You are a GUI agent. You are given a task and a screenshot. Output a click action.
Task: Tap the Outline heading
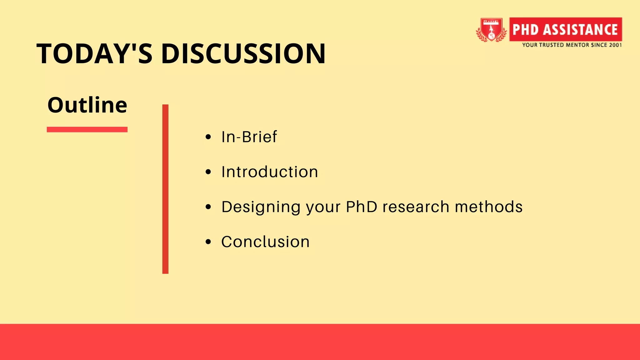[x=87, y=105]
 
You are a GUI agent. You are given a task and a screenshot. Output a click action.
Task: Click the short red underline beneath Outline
[x=87, y=129]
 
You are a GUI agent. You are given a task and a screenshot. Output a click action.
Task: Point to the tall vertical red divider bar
[x=165, y=189]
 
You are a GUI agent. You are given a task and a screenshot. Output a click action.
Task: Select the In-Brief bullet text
[x=249, y=137]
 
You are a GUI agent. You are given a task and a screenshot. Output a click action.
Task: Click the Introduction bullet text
[x=270, y=172]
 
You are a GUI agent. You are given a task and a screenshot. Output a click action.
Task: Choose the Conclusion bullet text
[x=265, y=242]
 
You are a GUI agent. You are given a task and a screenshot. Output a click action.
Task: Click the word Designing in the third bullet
[x=261, y=207]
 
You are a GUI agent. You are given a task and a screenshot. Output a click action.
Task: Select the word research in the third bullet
[x=416, y=207]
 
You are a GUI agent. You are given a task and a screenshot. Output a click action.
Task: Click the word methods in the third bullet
[x=488, y=207]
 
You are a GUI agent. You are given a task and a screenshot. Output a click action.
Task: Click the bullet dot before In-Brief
[x=208, y=137]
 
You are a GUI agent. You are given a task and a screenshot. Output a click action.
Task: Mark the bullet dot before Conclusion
[x=208, y=242]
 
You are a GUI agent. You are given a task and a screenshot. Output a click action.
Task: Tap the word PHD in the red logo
[x=526, y=30]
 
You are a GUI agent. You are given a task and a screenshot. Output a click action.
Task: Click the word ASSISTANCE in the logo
[x=580, y=30]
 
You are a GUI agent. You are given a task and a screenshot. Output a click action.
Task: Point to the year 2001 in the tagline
[x=615, y=45]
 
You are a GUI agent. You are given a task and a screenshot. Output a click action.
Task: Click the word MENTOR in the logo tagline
[x=577, y=45]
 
